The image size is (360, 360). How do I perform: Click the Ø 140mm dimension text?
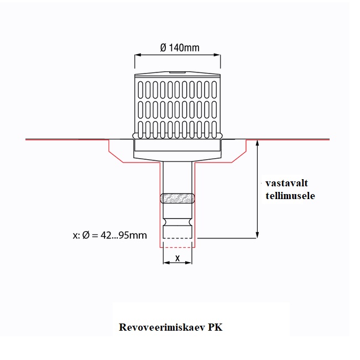(x=179, y=48)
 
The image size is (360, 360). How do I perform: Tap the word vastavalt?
(x=286, y=183)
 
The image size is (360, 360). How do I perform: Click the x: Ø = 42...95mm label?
(x=109, y=235)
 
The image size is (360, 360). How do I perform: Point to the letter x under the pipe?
(x=178, y=258)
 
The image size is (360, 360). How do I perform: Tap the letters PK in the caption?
(x=215, y=326)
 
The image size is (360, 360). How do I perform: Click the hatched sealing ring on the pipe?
(x=178, y=198)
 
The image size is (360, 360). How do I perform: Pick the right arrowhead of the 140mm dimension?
(x=218, y=55)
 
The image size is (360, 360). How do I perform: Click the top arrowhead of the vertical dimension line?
(x=257, y=143)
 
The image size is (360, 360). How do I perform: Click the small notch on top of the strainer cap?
(x=178, y=72)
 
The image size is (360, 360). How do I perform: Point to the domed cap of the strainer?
(x=178, y=76)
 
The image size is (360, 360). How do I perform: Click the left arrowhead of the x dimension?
(x=165, y=263)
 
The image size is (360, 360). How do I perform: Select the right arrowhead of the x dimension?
(x=191, y=263)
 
